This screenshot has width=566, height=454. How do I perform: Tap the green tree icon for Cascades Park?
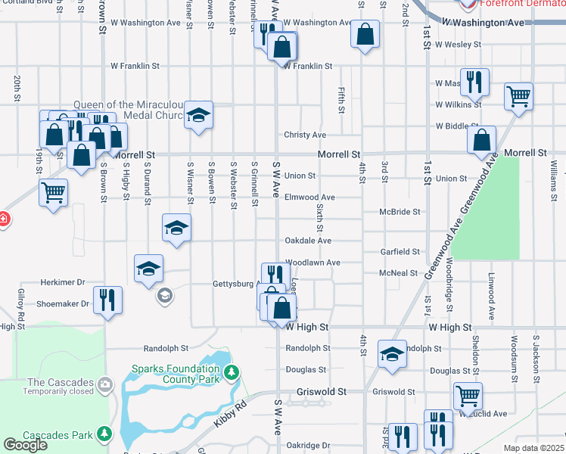[104, 434]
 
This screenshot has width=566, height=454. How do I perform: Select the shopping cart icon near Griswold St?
[468, 394]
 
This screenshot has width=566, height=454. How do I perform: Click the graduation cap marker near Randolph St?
[392, 353]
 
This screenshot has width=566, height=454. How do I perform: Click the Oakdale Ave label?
[307, 241]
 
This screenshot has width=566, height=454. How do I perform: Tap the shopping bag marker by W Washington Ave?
[365, 34]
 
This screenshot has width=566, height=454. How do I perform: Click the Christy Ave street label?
[305, 135]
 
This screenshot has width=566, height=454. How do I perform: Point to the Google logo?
[25, 445]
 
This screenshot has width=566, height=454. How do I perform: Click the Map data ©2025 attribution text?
[533, 448]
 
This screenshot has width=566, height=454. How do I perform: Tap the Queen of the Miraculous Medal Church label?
[129, 110]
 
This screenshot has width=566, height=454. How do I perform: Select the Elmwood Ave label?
[309, 197]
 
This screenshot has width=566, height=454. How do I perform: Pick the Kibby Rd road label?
[230, 412]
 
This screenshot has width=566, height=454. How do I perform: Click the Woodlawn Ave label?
[312, 263]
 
